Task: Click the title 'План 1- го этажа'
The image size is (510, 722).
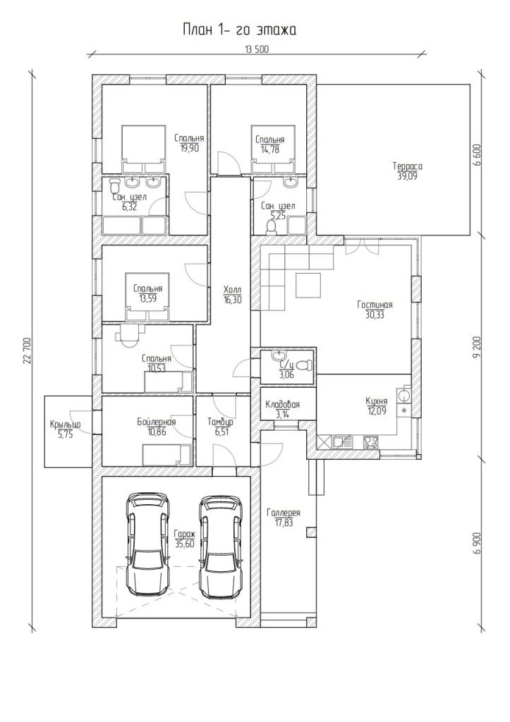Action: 239,30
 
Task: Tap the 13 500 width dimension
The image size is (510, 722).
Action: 257,50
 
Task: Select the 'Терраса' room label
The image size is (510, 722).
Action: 407,166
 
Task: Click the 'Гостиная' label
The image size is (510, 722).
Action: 375,305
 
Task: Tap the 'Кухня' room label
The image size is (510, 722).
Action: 377,401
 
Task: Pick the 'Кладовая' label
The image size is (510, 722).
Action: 282,404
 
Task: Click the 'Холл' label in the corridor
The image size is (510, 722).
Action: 232,290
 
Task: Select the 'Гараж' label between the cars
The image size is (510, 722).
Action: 185,534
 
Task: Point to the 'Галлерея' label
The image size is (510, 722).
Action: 284,513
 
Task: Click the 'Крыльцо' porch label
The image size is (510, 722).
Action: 66,424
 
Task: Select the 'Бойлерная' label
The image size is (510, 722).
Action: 156,422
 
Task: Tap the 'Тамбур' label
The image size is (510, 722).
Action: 220,422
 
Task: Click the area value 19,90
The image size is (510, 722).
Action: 189,148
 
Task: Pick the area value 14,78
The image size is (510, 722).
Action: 270,149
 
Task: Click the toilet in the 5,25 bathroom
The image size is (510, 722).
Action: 271,227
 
